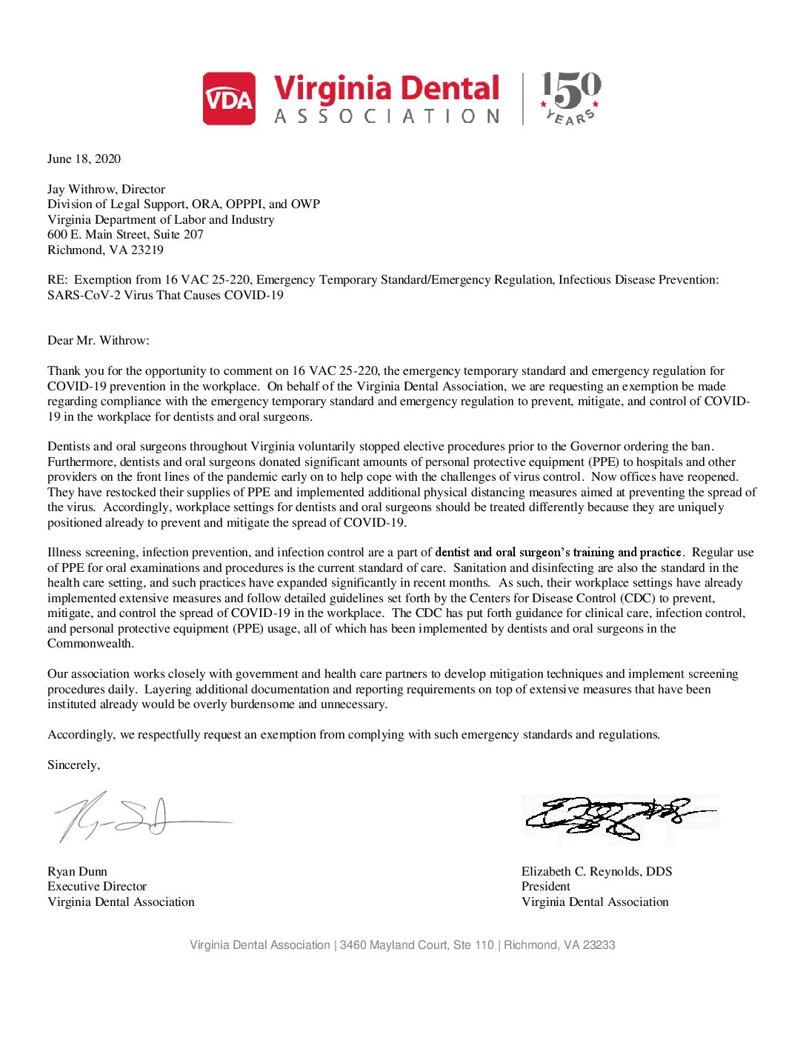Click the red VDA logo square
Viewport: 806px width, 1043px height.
[229, 99]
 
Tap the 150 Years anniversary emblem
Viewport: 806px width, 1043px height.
[570, 98]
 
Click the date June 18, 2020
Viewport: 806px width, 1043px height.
[84, 159]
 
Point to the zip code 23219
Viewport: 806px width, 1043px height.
[147, 250]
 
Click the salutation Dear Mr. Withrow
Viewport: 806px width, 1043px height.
[98, 340]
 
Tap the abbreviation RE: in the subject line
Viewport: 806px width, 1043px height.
[57, 279]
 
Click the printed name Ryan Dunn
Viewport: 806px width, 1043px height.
[77, 871]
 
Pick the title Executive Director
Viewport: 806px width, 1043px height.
[97, 886]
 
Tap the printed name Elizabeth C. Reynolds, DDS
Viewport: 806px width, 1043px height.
[596, 871]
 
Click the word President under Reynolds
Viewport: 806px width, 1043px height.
[545, 886]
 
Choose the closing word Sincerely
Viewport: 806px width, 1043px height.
[73, 764]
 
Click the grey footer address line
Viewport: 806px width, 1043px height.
[402, 944]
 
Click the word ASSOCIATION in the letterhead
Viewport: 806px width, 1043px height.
[387, 116]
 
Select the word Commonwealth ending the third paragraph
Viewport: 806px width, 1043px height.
[90, 643]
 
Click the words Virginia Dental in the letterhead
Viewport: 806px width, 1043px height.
[387, 88]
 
